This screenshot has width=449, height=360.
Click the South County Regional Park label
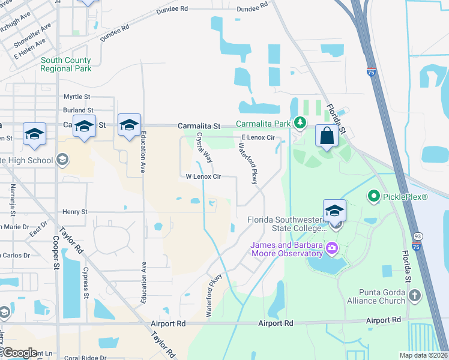click(66, 64)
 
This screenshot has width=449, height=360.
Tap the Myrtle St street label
click(77, 97)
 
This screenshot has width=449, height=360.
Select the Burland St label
click(78, 110)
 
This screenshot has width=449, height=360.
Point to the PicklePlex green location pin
click(373, 196)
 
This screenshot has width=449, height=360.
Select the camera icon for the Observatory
click(331, 247)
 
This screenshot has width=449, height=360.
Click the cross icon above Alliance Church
click(414, 295)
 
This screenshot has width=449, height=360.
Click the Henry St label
click(75, 212)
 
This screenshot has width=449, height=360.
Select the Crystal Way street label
click(205, 148)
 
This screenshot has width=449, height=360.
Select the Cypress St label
click(86, 283)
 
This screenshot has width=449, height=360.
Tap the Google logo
click(20, 353)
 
